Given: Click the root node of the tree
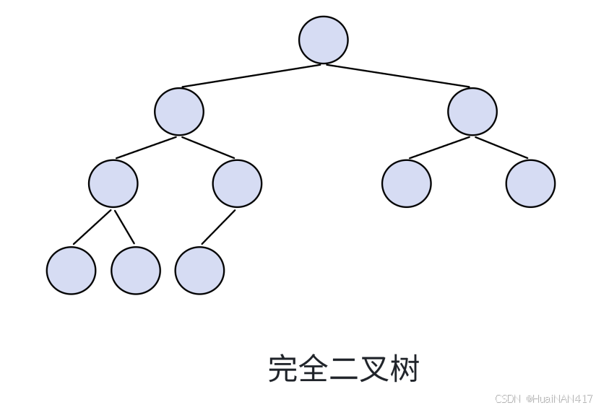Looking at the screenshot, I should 323,40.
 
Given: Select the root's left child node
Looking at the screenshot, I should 178,111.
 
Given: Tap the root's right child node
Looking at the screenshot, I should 472,111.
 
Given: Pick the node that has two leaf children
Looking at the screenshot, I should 113,183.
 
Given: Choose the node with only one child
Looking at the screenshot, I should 237,183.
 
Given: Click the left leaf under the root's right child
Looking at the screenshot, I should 406,183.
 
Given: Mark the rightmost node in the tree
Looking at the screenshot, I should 530,183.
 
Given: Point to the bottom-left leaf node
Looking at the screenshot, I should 71,270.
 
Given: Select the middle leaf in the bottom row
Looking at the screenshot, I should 135,270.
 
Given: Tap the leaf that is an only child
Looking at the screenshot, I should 199,270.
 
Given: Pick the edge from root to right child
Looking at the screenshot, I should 399,76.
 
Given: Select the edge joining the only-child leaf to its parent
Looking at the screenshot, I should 218,227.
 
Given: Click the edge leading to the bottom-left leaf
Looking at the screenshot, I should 92,227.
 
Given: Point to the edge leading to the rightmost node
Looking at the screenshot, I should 502,147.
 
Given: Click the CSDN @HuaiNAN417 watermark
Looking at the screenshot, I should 544,398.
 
